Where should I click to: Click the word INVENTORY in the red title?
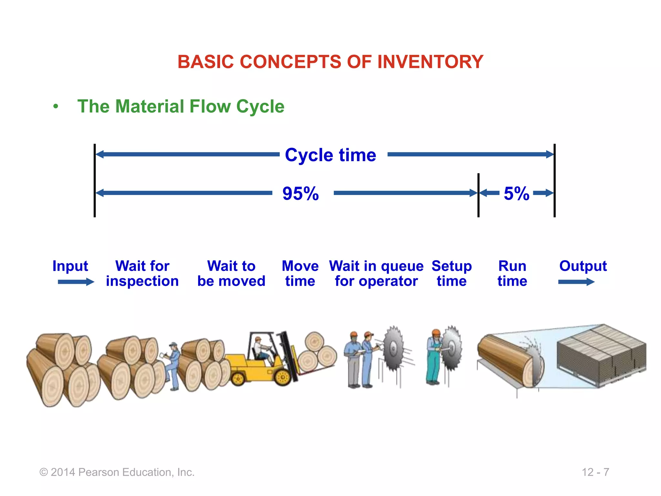(430, 62)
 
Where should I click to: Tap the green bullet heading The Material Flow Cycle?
(181, 106)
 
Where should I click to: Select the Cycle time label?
(330, 155)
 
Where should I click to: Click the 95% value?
(300, 193)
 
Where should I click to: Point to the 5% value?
(516, 193)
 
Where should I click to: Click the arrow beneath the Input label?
(76, 282)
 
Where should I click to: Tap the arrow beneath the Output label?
(576, 282)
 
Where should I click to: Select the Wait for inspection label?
(142, 274)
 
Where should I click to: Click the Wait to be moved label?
(231, 274)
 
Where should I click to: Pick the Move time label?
(300, 274)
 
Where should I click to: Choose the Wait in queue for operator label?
(376, 274)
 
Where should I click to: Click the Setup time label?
(452, 274)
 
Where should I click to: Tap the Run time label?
(512, 274)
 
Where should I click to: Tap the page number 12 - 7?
(595, 472)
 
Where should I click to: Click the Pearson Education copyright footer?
(117, 472)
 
